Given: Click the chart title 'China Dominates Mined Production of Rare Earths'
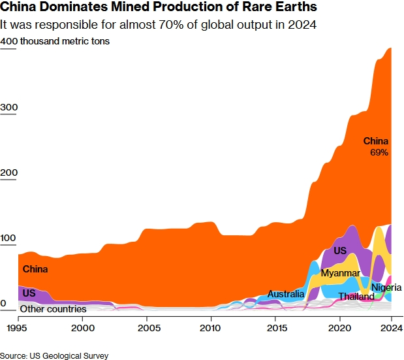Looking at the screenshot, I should [159, 8].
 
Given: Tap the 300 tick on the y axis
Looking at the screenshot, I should [8, 107].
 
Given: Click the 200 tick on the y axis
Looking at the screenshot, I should [8, 172].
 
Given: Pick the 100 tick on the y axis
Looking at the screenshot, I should [8, 238].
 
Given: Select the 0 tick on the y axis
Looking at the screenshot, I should [4, 304].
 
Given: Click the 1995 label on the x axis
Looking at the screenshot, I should [18, 327].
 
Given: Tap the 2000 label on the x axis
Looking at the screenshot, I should [82, 327].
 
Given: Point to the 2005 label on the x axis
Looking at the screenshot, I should [147, 327].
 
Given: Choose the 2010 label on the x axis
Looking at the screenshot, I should [211, 327].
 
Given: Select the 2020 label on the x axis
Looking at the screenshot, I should [339, 327].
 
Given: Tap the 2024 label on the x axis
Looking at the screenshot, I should [390, 327].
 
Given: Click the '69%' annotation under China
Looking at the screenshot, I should [379, 153].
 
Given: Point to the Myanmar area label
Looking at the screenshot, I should [340, 273].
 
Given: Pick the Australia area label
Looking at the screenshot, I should [286, 295].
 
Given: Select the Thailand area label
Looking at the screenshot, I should [356, 297].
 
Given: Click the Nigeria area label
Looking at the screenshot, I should [386, 287].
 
